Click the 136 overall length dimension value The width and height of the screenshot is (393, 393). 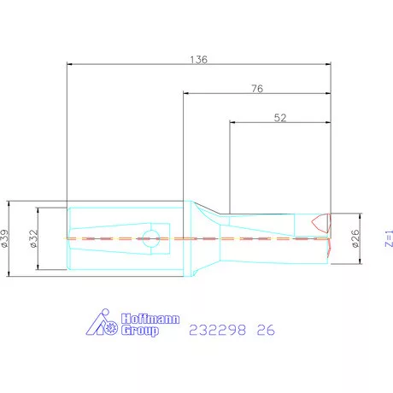click(x=199, y=60)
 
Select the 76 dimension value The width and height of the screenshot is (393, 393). click(x=257, y=89)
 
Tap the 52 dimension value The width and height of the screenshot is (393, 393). click(x=280, y=118)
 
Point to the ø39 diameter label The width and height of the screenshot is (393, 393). click(x=5, y=238)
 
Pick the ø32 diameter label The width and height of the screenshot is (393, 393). click(x=33, y=238)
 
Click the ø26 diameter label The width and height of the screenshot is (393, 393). click(x=355, y=238)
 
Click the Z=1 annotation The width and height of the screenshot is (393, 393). click(x=389, y=238)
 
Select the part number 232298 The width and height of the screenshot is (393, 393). click(x=217, y=330)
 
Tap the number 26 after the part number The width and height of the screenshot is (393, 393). click(x=266, y=330)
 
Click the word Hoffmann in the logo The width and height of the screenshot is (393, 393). click(x=150, y=319)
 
